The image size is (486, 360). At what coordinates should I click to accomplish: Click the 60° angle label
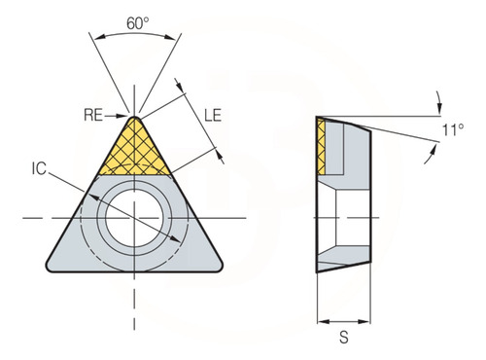tap(138, 23)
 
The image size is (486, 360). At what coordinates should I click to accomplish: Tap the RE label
tap(93, 115)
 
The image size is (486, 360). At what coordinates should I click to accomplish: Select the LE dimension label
tap(213, 116)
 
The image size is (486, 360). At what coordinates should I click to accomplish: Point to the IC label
tap(39, 168)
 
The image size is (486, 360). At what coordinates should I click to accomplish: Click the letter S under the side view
tap(344, 338)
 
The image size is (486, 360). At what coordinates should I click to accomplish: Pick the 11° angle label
tap(453, 130)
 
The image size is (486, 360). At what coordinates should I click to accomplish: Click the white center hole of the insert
tap(134, 218)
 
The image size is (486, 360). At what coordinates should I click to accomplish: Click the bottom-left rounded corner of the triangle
tap(51, 267)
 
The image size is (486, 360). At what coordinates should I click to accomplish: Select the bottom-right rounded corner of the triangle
tap(218, 267)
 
